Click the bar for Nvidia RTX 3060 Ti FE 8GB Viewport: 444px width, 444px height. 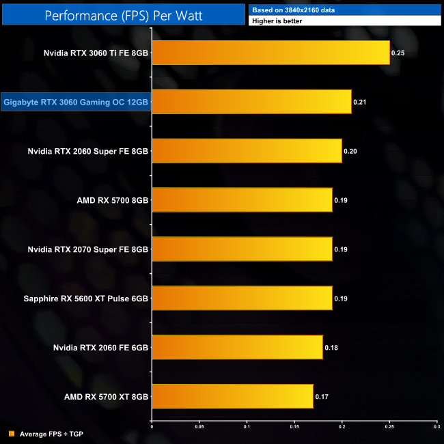[x=270, y=53]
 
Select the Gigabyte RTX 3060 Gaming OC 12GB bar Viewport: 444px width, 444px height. [x=251, y=102]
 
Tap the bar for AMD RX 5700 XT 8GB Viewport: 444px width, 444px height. [x=232, y=396]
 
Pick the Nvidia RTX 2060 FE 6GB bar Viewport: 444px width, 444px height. [x=237, y=347]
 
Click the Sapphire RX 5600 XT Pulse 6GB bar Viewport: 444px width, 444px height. [x=242, y=298]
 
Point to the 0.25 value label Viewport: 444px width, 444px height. [x=398, y=53]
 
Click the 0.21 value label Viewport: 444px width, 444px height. [x=359, y=102]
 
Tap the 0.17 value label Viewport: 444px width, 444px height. [x=321, y=396]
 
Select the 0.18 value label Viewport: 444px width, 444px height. [x=331, y=347]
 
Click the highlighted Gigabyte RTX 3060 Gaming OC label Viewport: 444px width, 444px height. [x=76, y=102]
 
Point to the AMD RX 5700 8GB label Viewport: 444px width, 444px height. [x=113, y=200]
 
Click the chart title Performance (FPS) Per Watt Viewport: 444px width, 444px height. [x=123, y=14]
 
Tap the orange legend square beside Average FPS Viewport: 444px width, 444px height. [x=12, y=433]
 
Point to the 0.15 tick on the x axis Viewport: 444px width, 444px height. [x=294, y=428]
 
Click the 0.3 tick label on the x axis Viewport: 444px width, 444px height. [x=436, y=428]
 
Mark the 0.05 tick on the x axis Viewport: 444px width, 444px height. [x=199, y=428]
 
